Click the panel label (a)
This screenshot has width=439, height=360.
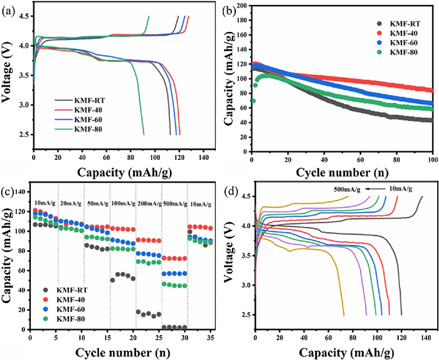tap(9, 8)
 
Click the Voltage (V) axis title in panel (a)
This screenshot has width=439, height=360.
tap(9, 75)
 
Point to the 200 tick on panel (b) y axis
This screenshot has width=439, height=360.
tap(241, 5)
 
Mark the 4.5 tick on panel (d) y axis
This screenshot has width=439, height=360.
tap(245, 196)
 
